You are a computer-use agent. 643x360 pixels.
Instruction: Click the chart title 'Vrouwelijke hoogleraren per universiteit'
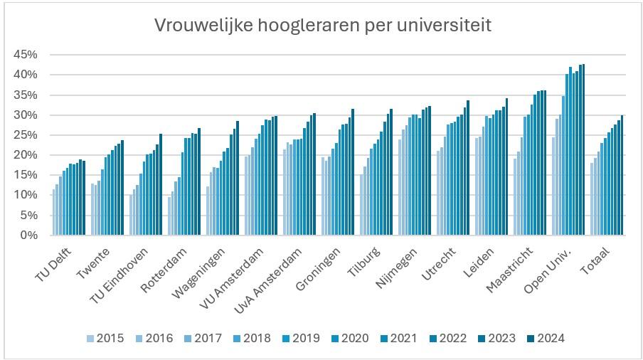point(323,26)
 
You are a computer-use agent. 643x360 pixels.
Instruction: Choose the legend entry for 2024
point(543,338)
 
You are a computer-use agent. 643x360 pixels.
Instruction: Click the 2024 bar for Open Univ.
point(583,149)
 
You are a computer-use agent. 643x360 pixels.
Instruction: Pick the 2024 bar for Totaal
point(622,175)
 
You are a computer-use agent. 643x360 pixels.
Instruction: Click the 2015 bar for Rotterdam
point(169,216)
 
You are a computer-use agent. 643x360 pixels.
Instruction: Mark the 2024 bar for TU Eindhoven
point(160,184)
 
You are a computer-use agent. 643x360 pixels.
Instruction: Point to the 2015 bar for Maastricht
point(515,196)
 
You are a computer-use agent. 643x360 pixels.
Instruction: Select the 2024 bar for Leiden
point(506,166)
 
